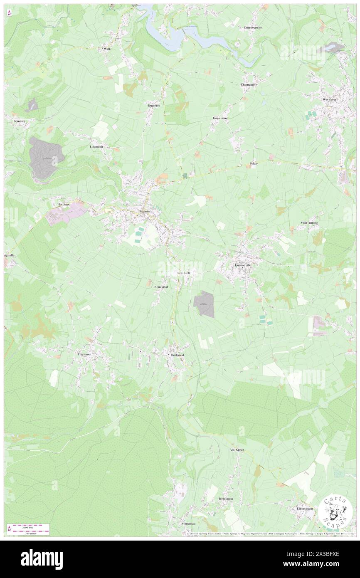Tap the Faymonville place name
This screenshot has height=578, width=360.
click(x=243, y=264)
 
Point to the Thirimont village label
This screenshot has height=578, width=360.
click(x=87, y=354)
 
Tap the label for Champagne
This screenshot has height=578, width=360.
click(x=249, y=84)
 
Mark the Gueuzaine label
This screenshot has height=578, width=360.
click(x=220, y=118)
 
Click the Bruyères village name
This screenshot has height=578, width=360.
click(x=154, y=106)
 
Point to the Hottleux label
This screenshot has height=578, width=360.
click(x=65, y=205)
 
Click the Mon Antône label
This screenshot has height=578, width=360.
click(x=309, y=222)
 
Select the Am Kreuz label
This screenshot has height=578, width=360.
click(x=236, y=450)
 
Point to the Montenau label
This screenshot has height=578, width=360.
click(x=188, y=523)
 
